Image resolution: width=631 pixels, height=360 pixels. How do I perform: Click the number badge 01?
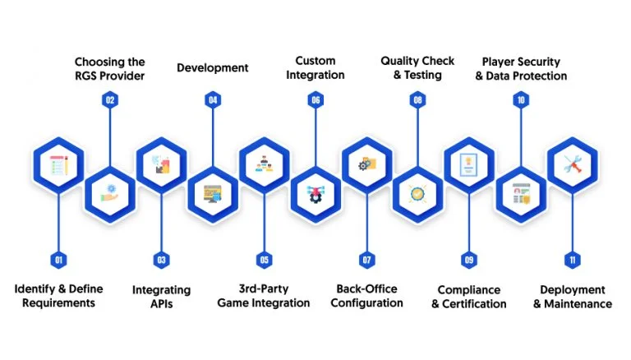coord(59,260)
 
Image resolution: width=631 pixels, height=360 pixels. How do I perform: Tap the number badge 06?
coord(315,100)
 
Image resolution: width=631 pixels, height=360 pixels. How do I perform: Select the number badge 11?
coord(572,260)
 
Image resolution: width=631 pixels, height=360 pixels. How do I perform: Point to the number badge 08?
coord(417,100)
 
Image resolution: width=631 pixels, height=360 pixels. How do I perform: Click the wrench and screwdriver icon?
coord(573,164)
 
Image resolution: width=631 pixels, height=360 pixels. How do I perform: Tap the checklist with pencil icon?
coord(59,165)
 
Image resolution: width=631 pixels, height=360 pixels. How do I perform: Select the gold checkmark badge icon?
coord(417,194)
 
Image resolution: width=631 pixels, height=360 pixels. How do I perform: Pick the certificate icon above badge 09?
coord(469,164)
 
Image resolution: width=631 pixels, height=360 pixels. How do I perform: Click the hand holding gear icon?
coord(110,193)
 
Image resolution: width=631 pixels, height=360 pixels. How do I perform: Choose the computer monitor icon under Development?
coord(213,194)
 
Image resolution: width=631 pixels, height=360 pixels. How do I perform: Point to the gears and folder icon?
coord(367,164)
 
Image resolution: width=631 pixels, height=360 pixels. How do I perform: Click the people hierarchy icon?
coord(264,164)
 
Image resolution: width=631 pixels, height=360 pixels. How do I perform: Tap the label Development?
coord(213,67)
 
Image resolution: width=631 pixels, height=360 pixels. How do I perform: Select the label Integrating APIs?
coord(161,297)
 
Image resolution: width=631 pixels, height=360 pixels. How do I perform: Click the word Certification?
coord(474,303)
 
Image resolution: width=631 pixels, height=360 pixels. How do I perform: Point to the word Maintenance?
coord(578,303)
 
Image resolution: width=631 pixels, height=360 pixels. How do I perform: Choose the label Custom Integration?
coord(315,67)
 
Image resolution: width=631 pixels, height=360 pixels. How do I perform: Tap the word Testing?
coord(423,75)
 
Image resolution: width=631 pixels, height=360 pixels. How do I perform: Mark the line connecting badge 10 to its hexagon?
coord(521,137)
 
